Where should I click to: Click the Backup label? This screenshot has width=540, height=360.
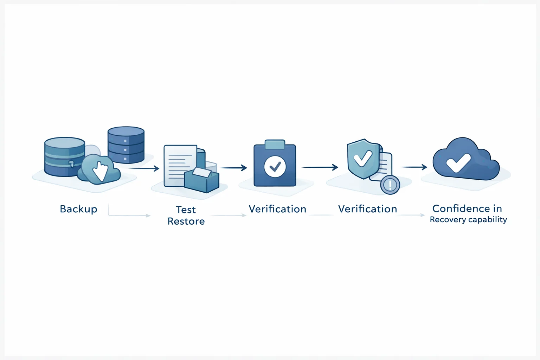click(78, 209)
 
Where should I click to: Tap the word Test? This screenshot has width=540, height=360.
click(186, 210)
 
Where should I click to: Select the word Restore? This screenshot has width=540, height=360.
click(186, 221)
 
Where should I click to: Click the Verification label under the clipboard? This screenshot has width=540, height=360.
click(277, 209)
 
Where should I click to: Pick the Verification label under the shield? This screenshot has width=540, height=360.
click(367, 209)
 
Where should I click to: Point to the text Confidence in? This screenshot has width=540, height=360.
click(467, 208)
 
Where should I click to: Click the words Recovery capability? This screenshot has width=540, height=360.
click(468, 220)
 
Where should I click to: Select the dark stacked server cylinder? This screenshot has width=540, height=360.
click(126, 144)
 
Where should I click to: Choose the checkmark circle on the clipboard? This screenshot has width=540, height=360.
click(275, 166)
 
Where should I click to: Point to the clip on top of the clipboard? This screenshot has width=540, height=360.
click(275, 144)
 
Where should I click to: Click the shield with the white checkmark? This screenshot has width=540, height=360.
click(363, 159)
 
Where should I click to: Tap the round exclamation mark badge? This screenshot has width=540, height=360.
click(390, 185)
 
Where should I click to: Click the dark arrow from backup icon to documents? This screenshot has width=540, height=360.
click(144, 169)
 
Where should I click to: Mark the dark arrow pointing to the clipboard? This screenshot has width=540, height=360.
click(234, 168)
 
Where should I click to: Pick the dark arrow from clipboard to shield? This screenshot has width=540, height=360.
click(320, 167)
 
